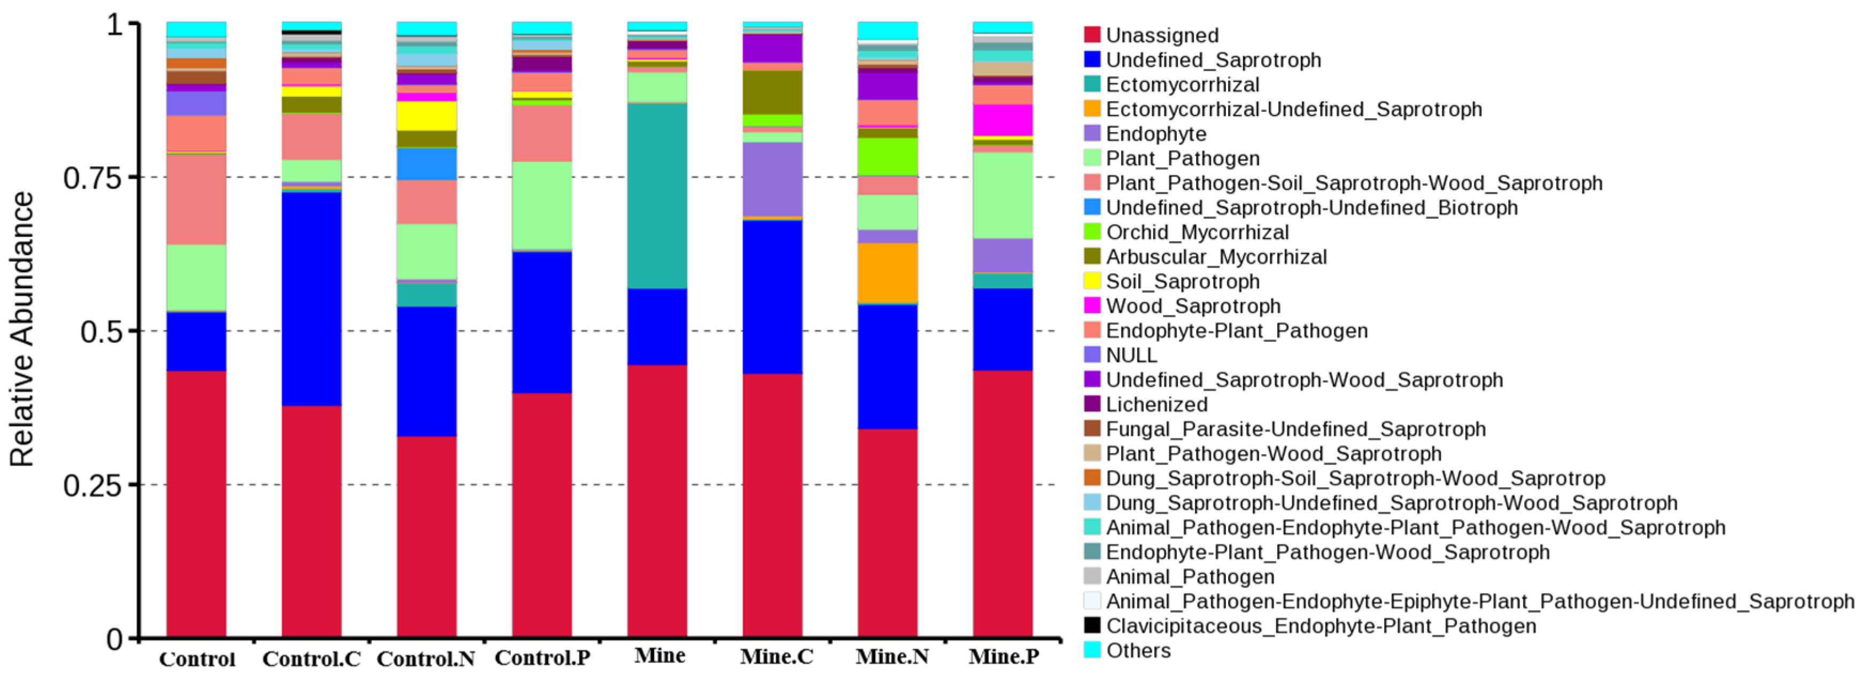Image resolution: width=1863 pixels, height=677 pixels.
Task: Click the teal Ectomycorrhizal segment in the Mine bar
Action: tap(657, 195)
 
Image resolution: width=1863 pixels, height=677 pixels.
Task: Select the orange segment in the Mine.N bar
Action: tap(887, 273)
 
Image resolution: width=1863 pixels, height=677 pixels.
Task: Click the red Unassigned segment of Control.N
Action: tap(426, 535)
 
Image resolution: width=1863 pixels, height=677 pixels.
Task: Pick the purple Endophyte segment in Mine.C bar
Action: tap(772, 179)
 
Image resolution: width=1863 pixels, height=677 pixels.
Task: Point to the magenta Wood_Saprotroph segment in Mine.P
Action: tap(1003, 119)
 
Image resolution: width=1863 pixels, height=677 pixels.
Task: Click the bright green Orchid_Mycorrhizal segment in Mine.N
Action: tap(887, 156)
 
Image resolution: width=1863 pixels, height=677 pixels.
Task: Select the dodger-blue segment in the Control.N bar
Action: tap(426, 164)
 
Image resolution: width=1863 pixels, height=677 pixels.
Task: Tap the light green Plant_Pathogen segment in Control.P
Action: tap(542, 205)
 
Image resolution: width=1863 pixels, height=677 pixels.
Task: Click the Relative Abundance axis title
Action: tap(22, 329)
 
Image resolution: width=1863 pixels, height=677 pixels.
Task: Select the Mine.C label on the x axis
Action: tap(776, 657)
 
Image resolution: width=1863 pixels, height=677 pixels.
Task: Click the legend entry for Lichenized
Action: tap(1156, 404)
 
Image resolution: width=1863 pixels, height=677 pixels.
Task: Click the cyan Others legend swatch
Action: tap(1092, 650)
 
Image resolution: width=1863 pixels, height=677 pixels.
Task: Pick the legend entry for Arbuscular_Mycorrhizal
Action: tap(1216, 257)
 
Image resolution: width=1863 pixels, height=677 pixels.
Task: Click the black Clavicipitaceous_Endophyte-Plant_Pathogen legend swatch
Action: tap(1092, 626)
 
